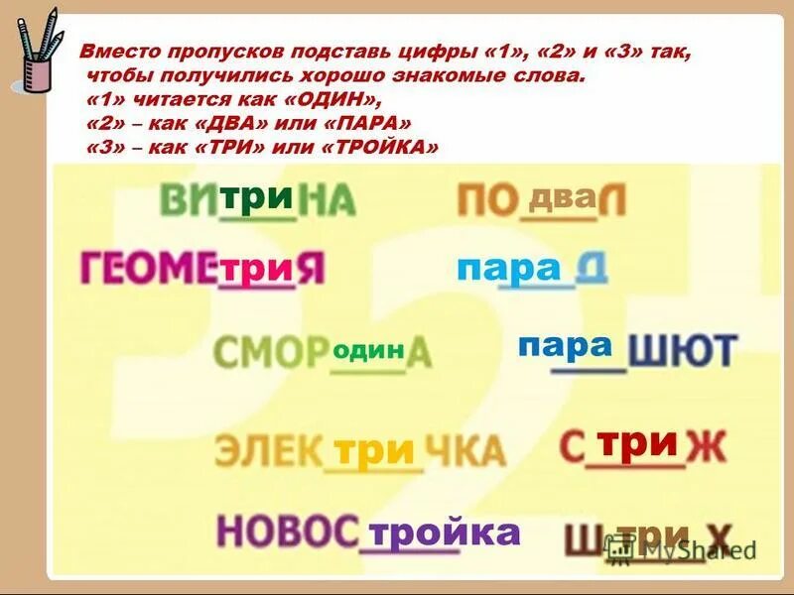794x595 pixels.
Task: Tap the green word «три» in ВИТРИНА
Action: point(256,197)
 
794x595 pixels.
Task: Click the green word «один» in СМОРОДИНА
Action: point(368,350)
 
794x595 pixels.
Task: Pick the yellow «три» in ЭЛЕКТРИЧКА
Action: point(373,451)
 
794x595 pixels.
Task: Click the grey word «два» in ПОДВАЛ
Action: point(562,197)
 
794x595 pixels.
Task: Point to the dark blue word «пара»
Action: point(565,346)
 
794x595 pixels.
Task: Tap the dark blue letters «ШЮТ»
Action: point(683,352)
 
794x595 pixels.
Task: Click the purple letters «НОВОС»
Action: point(287,532)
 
